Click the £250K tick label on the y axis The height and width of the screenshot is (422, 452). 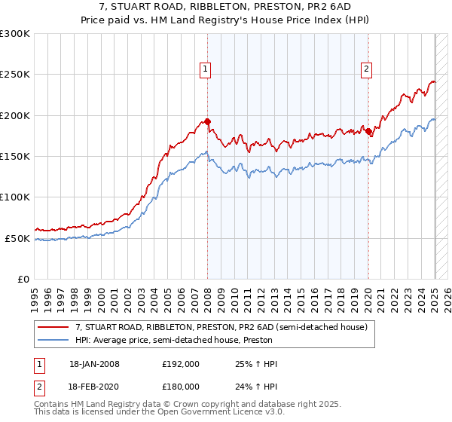tap(15, 75)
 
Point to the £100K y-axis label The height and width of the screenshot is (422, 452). tap(15, 197)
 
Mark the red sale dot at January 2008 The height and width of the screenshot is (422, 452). tap(208, 121)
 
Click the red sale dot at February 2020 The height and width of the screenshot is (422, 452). tap(368, 132)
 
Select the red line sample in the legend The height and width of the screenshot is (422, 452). tap(54, 328)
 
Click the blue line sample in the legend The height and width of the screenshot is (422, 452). tap(54, 340)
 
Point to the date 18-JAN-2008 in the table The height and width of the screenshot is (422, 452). tap(94, 364)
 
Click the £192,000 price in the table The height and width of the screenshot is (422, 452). tap(181, 364)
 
